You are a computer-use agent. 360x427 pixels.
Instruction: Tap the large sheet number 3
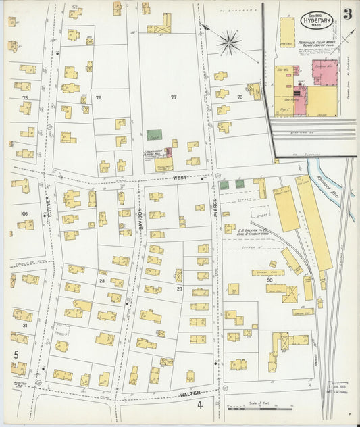(346, 14)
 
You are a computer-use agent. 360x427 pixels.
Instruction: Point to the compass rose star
(230, 44)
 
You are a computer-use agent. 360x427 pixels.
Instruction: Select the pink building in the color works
(324, 70)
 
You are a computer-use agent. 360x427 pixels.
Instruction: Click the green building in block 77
(154, 134)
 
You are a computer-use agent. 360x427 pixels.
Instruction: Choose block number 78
(240, 97)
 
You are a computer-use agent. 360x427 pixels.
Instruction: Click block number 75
(25, 98)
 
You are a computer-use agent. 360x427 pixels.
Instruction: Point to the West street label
(179, 178)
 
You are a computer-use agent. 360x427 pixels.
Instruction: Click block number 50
(269, 278)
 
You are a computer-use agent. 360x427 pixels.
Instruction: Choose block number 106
(25, 213)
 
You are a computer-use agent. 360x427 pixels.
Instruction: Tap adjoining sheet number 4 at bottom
(200, 405)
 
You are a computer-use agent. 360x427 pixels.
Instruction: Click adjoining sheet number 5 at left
(16, 353)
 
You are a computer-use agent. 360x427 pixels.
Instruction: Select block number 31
(25, 325)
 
